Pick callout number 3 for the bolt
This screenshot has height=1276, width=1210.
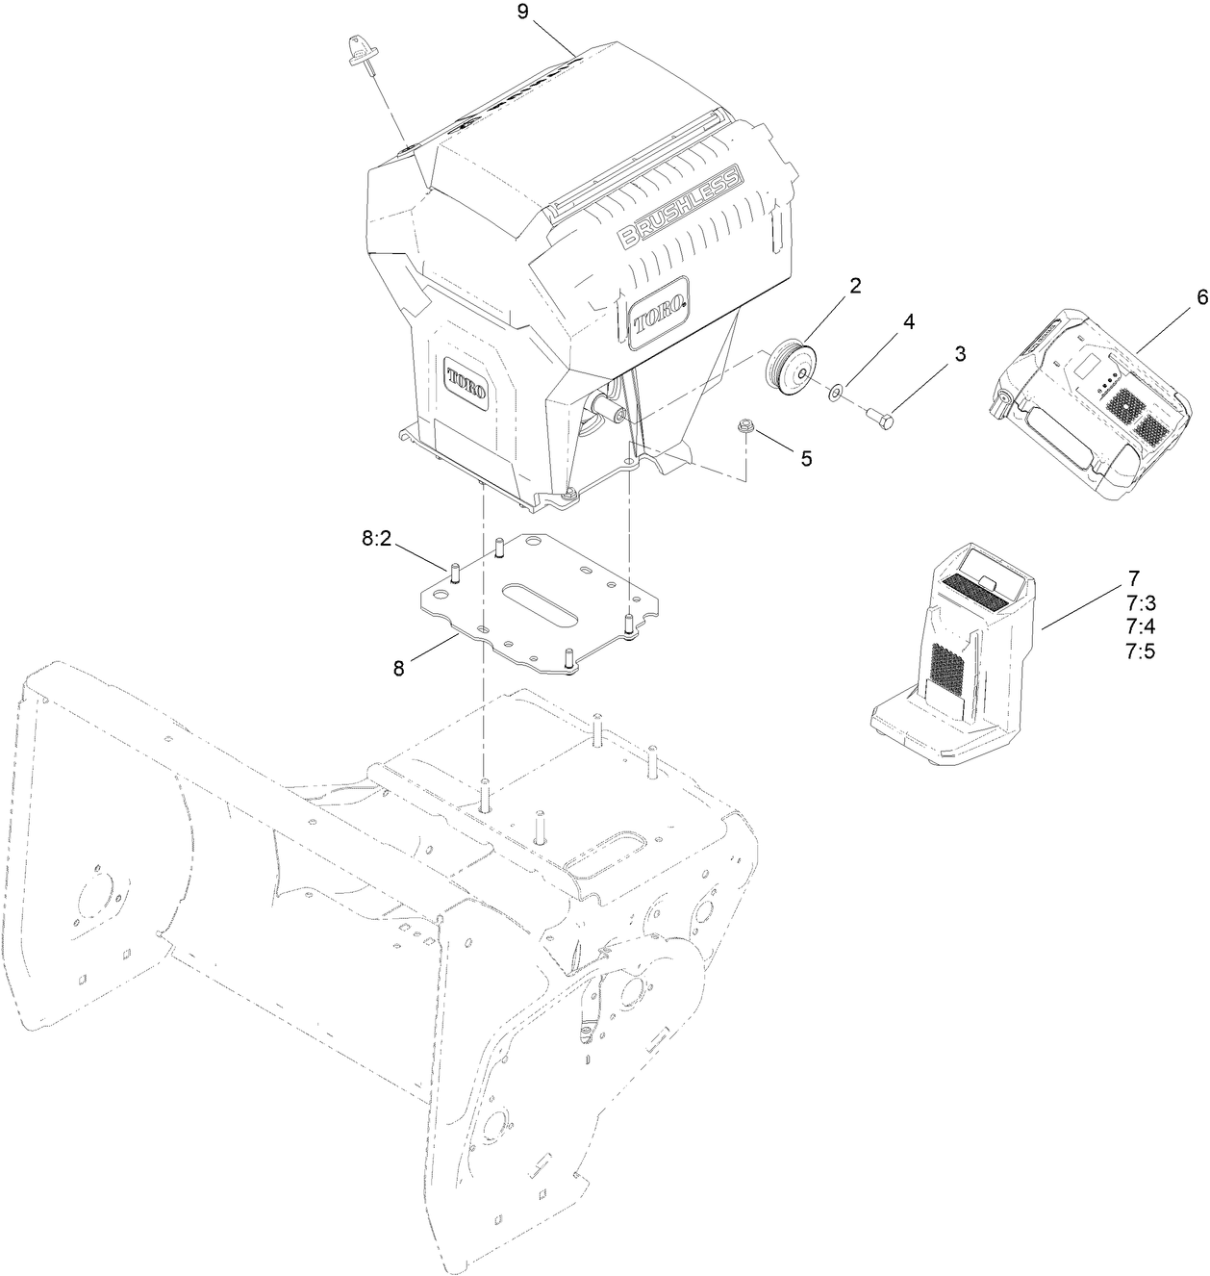pos(959,354)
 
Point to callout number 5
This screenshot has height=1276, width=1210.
pos(806,458)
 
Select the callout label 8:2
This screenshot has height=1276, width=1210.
pos(376,540)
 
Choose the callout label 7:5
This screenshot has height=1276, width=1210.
pos(1140,651)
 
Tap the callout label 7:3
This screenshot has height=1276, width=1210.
pos(1140,603)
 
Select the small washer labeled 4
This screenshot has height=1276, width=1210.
pos(836,391)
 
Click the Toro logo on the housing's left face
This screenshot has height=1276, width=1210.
pos(466,383)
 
